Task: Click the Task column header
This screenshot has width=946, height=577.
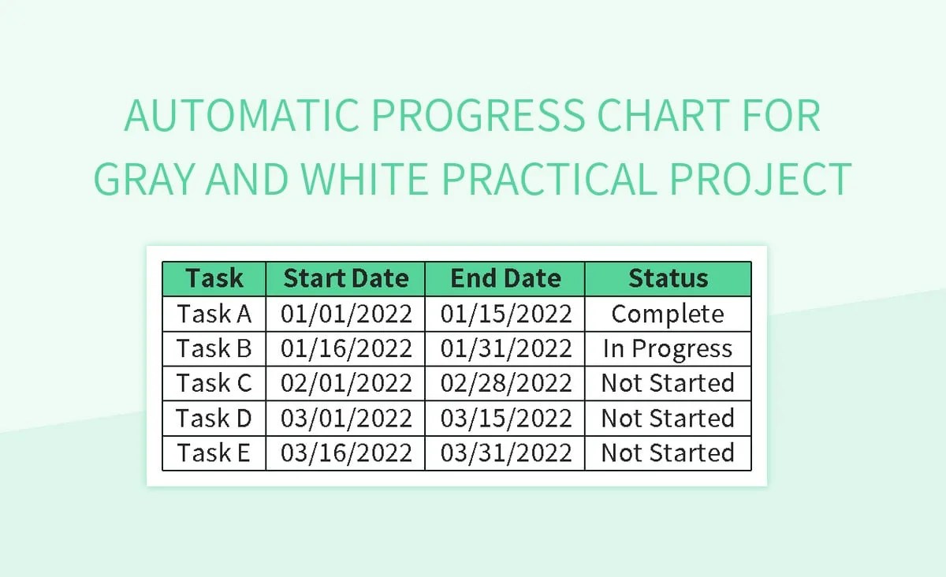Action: pos(214,279)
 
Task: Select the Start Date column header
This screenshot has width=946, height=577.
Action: pos(346,279)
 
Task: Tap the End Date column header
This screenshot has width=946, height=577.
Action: pos(505,279)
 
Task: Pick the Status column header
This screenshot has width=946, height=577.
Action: pos(668,279)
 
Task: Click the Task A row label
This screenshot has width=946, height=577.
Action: pos(214,314)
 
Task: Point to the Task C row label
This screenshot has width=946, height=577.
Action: pos(214,383)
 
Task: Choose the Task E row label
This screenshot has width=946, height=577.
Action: pos(214,452)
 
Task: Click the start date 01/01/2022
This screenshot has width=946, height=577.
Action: pos(346,314)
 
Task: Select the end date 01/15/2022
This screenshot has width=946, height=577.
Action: pos(505,314)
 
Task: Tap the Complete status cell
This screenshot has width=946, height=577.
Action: pos(668,314)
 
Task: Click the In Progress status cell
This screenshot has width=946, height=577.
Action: pos(668,348)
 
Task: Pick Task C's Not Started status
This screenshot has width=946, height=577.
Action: pos(668,383)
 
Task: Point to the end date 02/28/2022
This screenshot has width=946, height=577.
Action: pos(505,383)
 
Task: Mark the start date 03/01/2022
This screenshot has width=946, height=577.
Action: pos(346,418)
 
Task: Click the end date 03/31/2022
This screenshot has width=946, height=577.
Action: pos(505,452)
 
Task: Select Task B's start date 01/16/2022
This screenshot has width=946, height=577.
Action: pos(346,348)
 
